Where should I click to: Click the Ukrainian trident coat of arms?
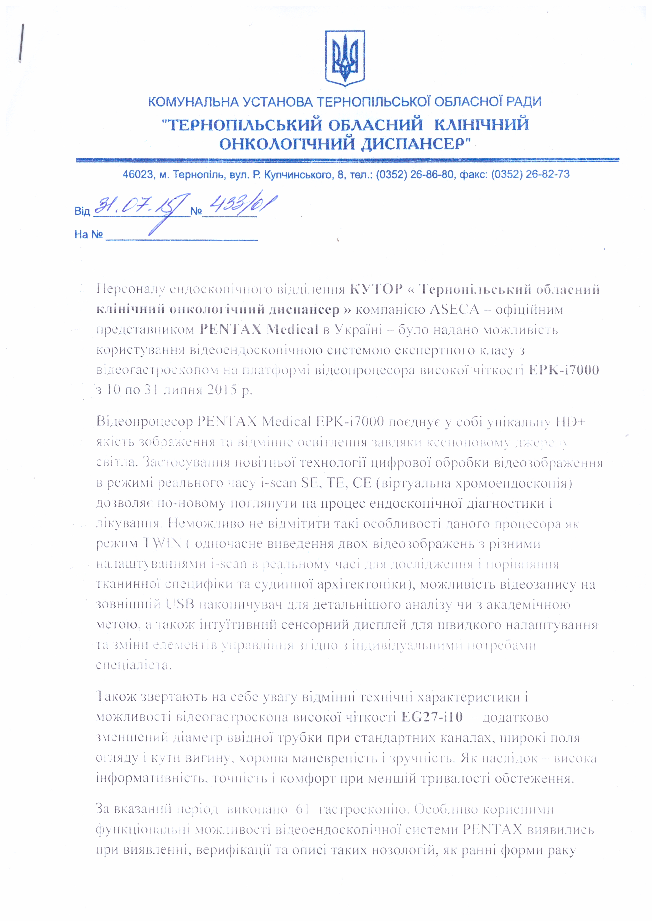[x=345, y=58]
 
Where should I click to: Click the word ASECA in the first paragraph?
[x=454, y=310]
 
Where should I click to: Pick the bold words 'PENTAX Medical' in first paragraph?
[x=259, y=330]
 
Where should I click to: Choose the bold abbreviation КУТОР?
[x=376, y=289]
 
